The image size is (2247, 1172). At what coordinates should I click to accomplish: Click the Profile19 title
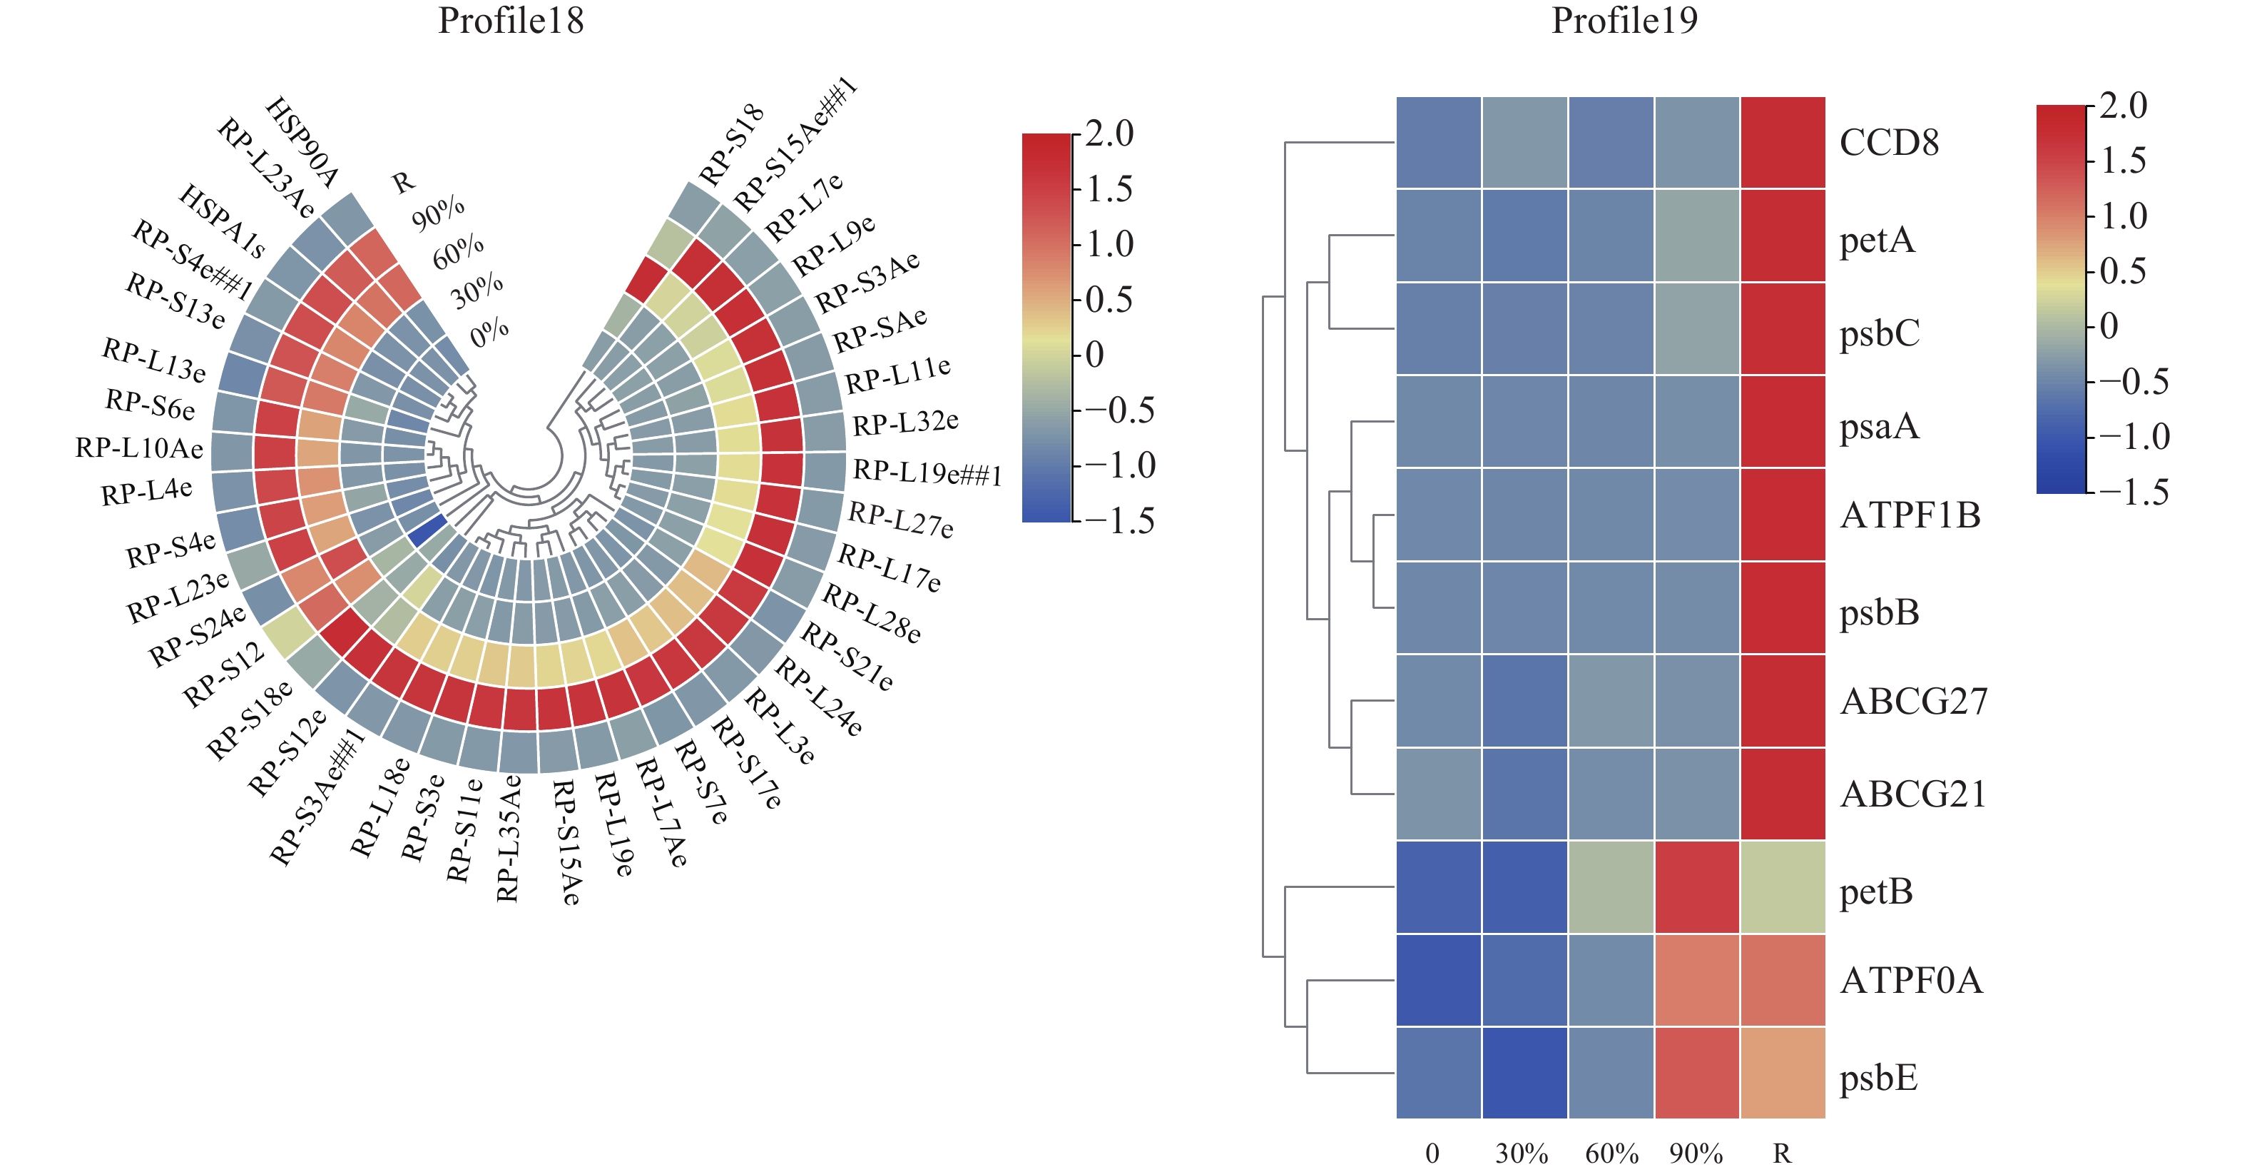[1624, 21]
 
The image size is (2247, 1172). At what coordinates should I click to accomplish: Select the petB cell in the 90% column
[1696, 886]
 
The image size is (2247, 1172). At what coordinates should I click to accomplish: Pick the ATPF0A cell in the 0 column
[1438, 980]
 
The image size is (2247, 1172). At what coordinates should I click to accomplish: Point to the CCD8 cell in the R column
[1782, 142]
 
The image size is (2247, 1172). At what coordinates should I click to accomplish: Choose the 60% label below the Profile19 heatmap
[1611, 1153]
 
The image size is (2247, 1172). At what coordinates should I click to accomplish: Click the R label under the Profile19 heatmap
[1782, 1153]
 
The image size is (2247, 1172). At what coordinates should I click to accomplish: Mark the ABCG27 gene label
[1913, 702]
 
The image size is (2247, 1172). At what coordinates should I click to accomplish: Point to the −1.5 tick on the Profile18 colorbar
[1131, 521]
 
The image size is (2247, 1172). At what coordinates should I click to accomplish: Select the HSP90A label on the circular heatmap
[301, 143]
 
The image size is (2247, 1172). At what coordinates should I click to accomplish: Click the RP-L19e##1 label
[927, 471]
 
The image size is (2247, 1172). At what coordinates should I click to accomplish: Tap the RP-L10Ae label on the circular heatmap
[140, 448]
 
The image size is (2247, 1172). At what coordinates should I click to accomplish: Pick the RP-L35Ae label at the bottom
[509, 838]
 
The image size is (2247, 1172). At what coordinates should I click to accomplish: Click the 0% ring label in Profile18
[489, 332]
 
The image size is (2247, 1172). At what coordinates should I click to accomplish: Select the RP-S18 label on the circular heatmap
[731, 145]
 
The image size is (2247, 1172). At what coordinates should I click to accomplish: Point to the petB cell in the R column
[1782, 886]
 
